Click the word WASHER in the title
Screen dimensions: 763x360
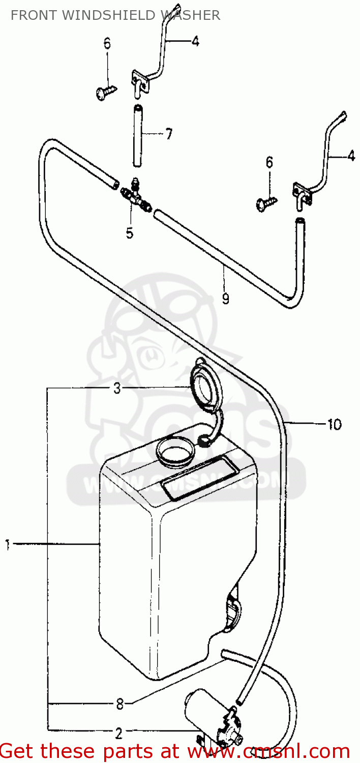[x=190, y=15]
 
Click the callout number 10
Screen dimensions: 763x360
[x=334, y=424]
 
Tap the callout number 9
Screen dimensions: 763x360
[x=225, y=299]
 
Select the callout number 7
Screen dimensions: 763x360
[x=168, y=134]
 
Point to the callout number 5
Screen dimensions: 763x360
[x=130, y=233]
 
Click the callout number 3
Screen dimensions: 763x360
[x=117, y=389]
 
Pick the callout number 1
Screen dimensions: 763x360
[x=8, y=545]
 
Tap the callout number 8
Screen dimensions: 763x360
[x=119, y=705]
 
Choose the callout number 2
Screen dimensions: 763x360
[x=118, y=733]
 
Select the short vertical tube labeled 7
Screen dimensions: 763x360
[x=137, y=135]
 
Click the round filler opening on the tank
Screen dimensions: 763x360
[x=176, y=450]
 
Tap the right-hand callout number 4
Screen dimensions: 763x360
[x=351, y=157]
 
